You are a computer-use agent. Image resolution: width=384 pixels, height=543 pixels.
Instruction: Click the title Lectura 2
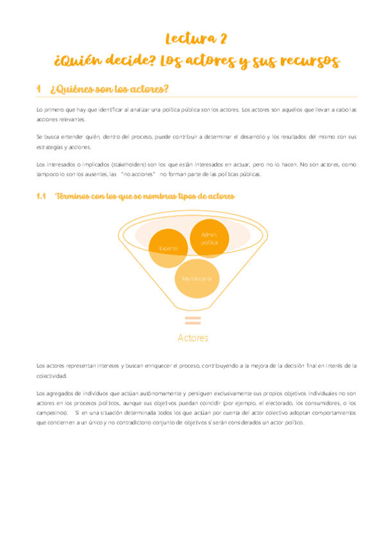[196, 39]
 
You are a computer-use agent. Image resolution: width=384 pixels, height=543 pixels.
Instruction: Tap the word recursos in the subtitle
[306, 61]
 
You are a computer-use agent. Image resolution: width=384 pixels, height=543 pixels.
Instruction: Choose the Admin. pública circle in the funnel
[210, 238]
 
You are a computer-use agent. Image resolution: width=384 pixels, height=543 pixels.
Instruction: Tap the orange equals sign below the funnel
[192, 321]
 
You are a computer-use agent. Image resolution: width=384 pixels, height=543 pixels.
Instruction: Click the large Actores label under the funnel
[192, 337]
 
